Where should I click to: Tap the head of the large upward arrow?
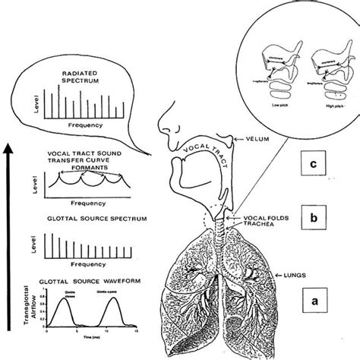pos(10,137)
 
